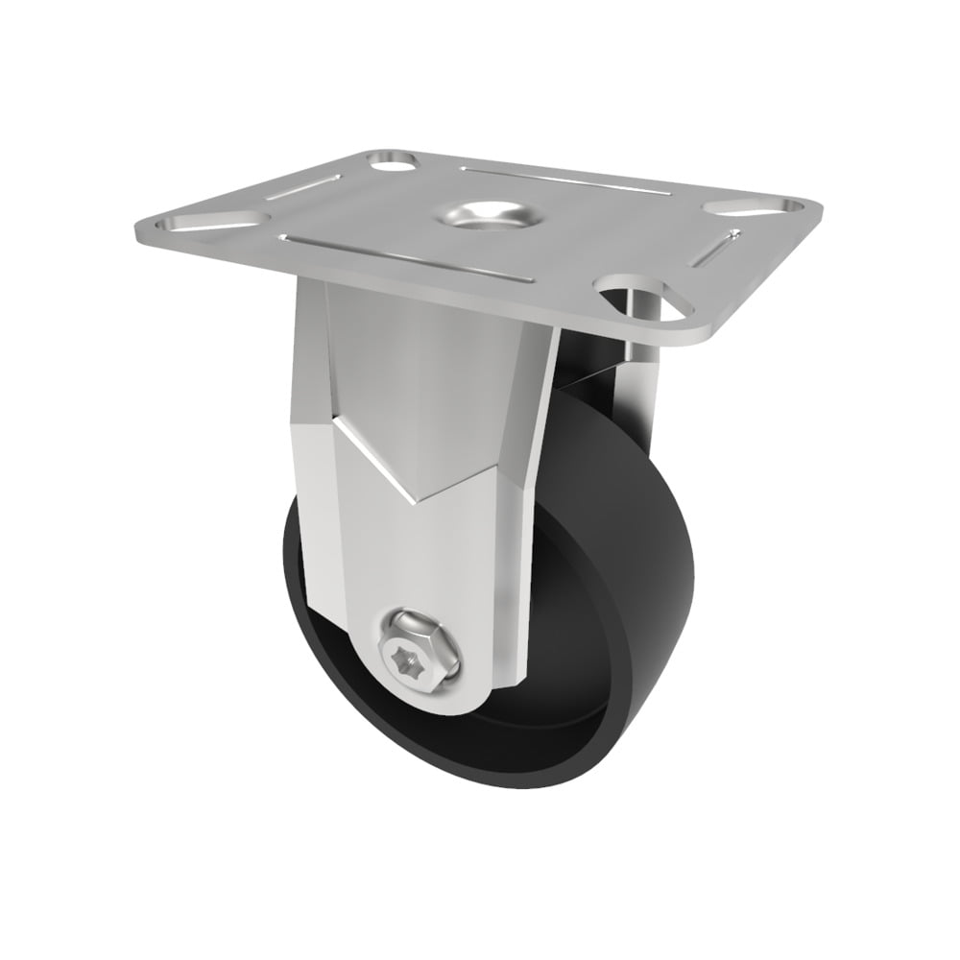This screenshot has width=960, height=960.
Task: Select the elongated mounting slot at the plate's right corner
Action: point(753,205)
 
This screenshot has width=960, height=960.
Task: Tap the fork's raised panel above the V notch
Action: point(422,374)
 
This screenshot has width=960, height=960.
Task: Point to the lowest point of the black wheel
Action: point(499,787)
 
